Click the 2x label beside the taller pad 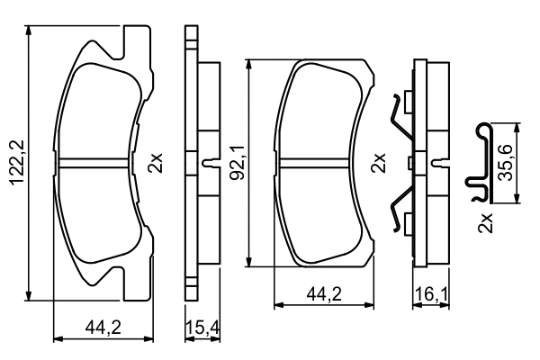tap(157, 163)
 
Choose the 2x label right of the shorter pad tap(380, 163)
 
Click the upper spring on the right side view tap(400, 117)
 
